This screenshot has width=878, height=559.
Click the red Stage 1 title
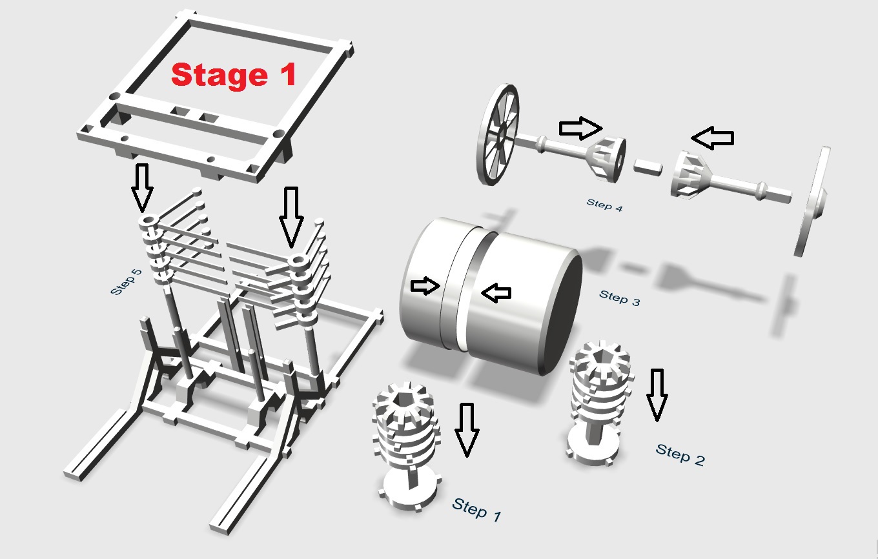(x=233, y=75)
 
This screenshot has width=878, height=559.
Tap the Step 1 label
(x=476, y=509)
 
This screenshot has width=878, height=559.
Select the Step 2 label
(x=680, y=454)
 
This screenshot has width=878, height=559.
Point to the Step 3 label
(x=619, y=298)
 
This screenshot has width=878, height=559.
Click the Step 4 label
(x=605, y=205)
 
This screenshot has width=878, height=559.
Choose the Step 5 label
(x=126, y=281)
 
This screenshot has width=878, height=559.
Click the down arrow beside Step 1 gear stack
(x=466, y=429)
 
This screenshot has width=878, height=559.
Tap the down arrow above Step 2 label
(x=657, y=395)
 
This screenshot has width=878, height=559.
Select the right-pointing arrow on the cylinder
(x=425, y=287)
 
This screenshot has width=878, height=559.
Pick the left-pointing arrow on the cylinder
(x=496, y=294)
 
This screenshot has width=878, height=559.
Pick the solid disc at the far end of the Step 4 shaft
(x=815, y=200)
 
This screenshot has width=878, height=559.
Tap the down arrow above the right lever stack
(x=291, y=217)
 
